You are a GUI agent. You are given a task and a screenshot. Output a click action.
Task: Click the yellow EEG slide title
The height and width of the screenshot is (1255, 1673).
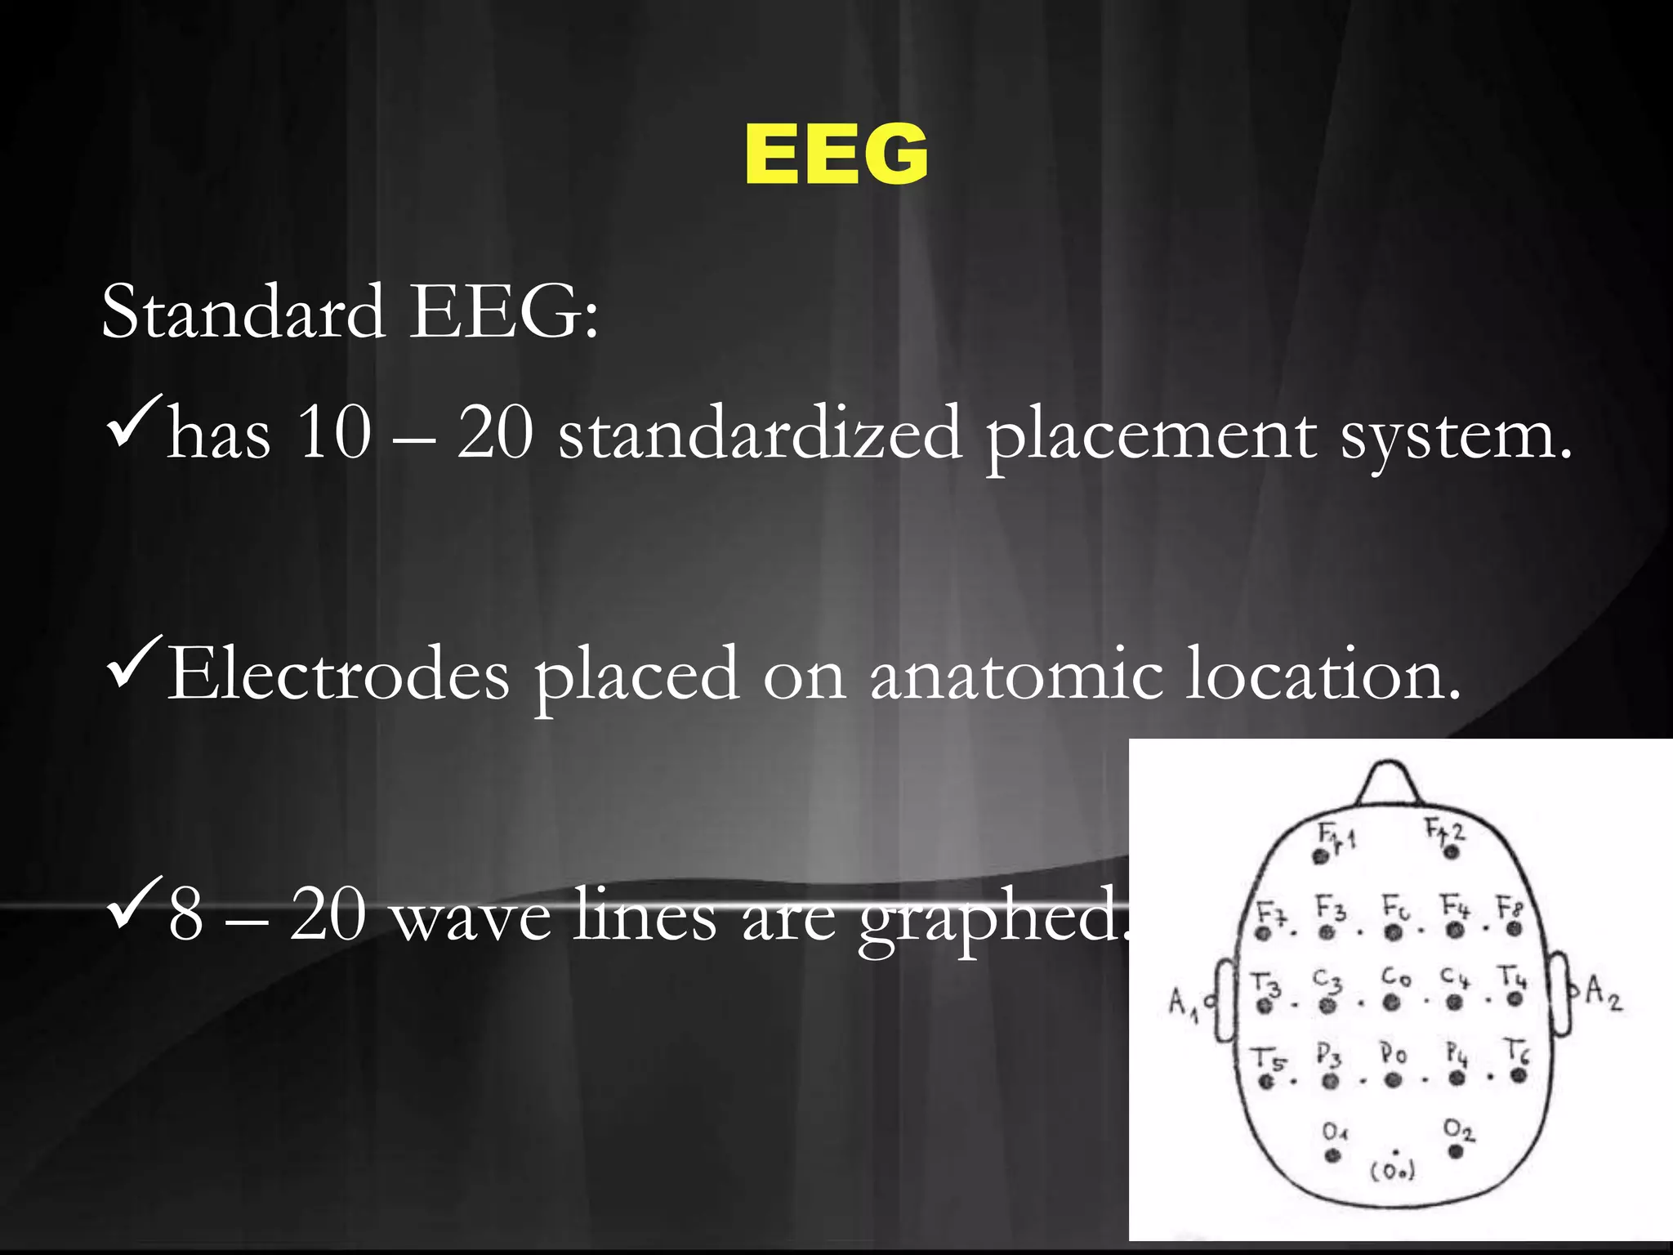836,155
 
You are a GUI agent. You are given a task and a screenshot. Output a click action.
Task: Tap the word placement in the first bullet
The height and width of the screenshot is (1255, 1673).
1150,435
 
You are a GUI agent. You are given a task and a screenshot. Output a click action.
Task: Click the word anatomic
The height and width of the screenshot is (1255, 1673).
1015,674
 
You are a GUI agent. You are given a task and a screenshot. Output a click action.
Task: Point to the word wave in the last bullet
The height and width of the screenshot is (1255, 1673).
472,915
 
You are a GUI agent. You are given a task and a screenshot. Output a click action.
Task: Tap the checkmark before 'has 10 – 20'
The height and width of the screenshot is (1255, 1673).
135,413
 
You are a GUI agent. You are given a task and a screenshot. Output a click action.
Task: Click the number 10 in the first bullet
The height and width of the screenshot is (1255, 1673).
333,433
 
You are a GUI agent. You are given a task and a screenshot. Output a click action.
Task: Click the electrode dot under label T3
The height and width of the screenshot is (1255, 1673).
1265,1006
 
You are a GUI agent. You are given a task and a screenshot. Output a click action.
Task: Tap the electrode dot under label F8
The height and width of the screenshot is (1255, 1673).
1515,929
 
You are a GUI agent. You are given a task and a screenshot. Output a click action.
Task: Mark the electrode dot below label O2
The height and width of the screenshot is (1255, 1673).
1455,1152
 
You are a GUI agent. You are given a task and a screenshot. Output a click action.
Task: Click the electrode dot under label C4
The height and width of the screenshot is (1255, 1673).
1455,1003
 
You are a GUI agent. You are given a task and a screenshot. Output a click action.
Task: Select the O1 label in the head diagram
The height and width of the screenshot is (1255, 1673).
1335,1132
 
